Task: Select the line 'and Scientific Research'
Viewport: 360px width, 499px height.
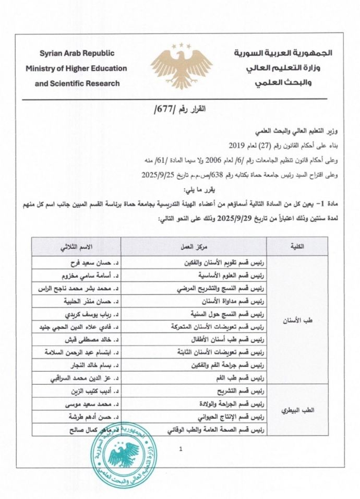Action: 77,83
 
